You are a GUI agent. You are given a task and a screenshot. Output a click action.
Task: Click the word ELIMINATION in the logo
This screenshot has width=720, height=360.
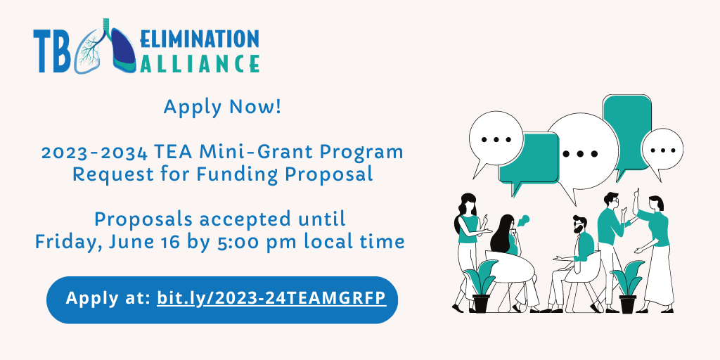199,39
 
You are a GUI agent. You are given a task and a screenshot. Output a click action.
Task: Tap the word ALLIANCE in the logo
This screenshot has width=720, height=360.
199,63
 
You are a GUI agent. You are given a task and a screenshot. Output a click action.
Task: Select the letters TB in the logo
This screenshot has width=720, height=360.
52,51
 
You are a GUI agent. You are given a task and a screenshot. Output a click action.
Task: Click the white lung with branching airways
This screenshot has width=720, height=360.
90,51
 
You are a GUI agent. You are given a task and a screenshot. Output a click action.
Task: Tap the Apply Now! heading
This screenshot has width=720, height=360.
221,108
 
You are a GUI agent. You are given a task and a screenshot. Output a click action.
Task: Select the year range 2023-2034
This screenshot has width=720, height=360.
95,152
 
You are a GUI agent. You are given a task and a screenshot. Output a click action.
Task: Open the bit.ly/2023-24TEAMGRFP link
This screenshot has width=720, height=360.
271,298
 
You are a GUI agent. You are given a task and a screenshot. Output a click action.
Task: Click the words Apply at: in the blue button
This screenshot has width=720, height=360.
108,298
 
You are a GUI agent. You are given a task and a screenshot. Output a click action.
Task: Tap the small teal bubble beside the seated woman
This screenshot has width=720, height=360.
523,220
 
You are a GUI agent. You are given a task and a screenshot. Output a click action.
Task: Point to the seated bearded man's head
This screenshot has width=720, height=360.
579,224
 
